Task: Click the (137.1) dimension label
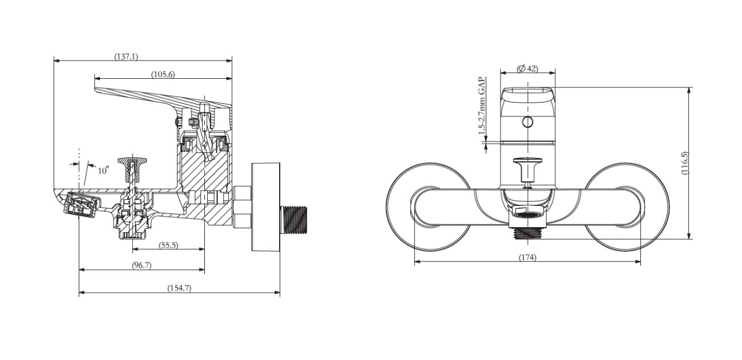click(126, 56)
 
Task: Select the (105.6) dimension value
click(163, 74)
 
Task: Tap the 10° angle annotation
click(103, 170)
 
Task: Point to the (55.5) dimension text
click(168, 245)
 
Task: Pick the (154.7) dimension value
click(179, 288)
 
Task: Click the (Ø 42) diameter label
click(527, 68)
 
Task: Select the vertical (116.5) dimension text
click(685, 163)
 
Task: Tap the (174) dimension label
click(527, 257)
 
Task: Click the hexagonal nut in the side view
click(242, 206)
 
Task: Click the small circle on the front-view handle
click(527, 122)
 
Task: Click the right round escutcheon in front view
click(634, 206)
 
